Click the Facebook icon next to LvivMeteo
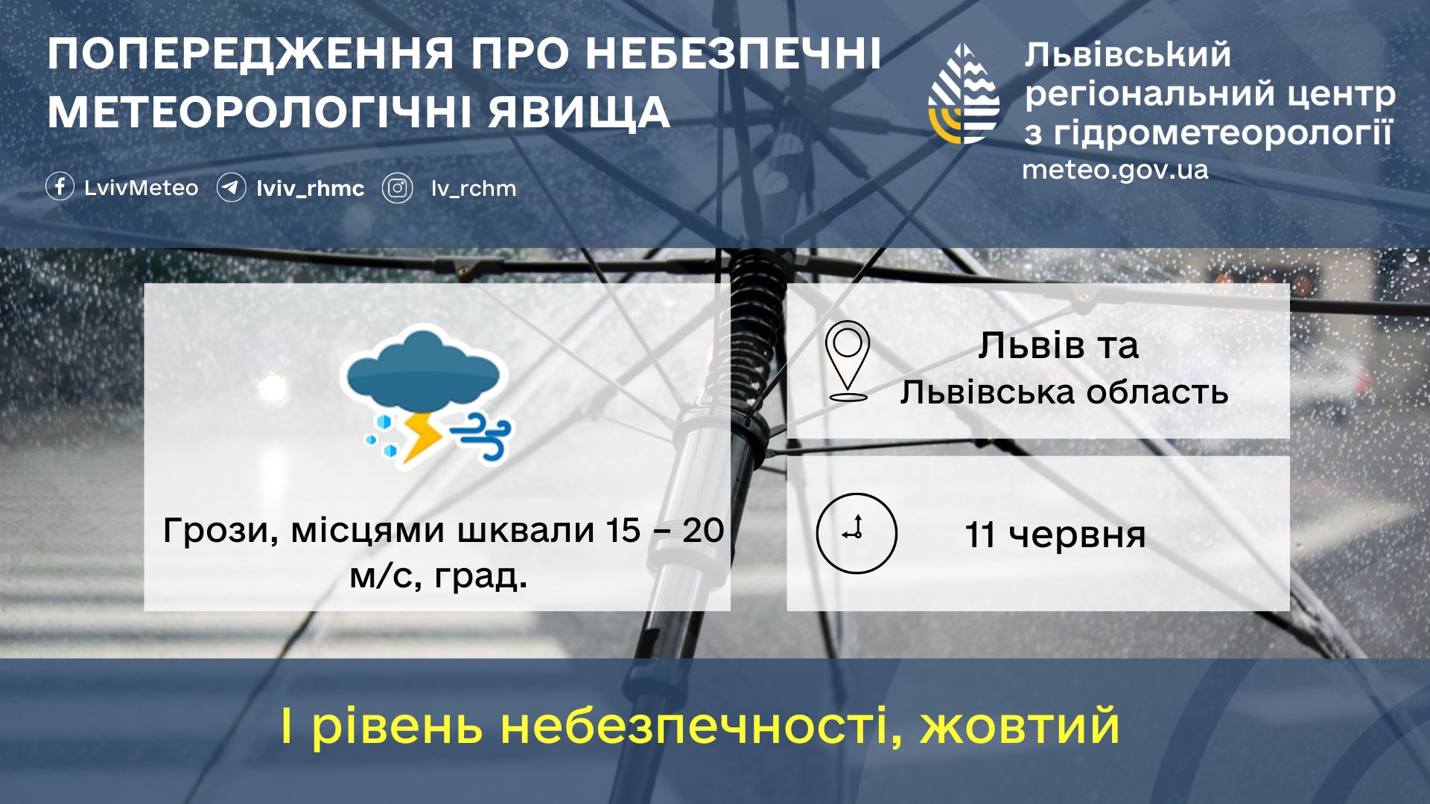tap(60, 187)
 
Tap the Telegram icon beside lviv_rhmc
tap(231, 188)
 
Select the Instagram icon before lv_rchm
tap(398, 188)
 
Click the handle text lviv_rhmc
tap(311, 188)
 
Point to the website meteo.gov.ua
tap(1115, 170)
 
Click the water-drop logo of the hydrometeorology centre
tap(964, 94)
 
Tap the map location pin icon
tap(848, 362)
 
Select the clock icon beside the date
tap(857, 533)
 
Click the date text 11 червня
tap(1055, 535)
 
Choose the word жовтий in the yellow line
tap(1020, 726)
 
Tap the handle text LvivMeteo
tap(142, 188)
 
